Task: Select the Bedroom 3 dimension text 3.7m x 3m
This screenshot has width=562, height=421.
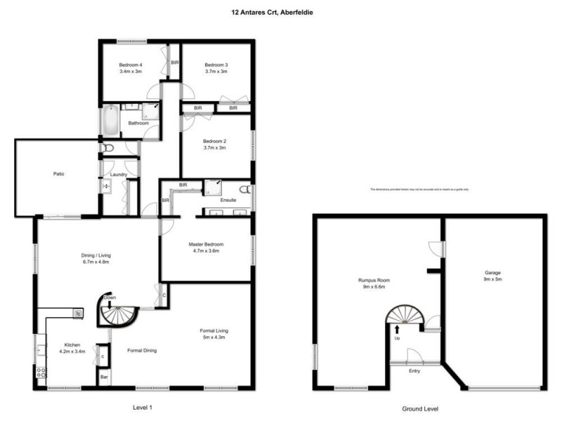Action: [x=216, y=72]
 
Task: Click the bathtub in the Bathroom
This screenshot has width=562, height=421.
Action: [x=110, y=121]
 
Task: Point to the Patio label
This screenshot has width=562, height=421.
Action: [x=58, y=174]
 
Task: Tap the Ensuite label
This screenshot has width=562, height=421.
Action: [x=228, y=200]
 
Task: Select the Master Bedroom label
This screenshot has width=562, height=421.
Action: [x=206, y=244]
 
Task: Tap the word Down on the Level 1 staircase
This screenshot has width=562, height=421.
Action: [x=110, y=298]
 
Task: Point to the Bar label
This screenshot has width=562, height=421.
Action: [x=104, y=377]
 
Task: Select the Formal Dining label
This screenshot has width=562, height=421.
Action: [x=141, y=349]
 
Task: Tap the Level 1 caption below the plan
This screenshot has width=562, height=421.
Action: [x=142, y=407]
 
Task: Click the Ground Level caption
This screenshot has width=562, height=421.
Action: [x=420, y=408]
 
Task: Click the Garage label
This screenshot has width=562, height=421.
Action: [x=492, y=272]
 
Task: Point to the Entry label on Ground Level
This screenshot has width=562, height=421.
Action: [x=414, y=370]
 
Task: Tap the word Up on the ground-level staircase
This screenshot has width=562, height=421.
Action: [x=398, y=338]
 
